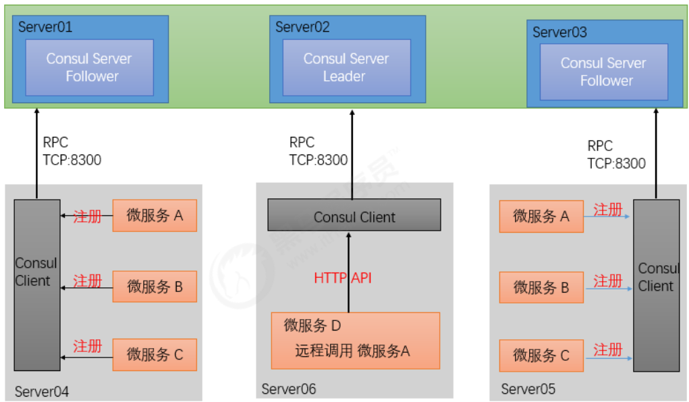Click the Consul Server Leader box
pyautogui.click(x=347, y=67)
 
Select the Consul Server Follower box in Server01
pyautogui.click(x=90, y=67)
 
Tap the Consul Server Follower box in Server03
pyautogui.click(x=604, y=72)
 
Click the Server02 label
pyautogui.click(x=302, y=27)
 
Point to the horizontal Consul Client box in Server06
pyautogui.click(x=354, y=215)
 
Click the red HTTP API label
pyautogui.click(x=343, y=278)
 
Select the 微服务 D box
pyautogui.click(x=356, y=341)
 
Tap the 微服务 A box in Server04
pyautogui.click(x=155, y=216)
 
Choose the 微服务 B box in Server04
pyautogui.click(x=155, y=287)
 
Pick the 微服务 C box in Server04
pyautogui.click(x=155, y=355)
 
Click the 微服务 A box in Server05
pyautogui.click(x=541, y=216)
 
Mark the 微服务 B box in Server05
pyautogui.click(x=541, y=287)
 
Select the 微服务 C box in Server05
pyautogui.click(x=541, y=355)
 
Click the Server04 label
pyautogui.click(x=42, y=391)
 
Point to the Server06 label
pyautogui.click(x=289, y=389)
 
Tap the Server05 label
pyautogui.click(x=528, y=389)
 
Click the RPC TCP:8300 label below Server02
pyautogui.click(x=318, y=151)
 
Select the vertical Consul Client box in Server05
pyautogui.click(x=657, y=285)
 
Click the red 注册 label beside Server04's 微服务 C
pyautogui.click(x=88, y=346)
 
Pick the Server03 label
pyautogui.click(x=560, y=32)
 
